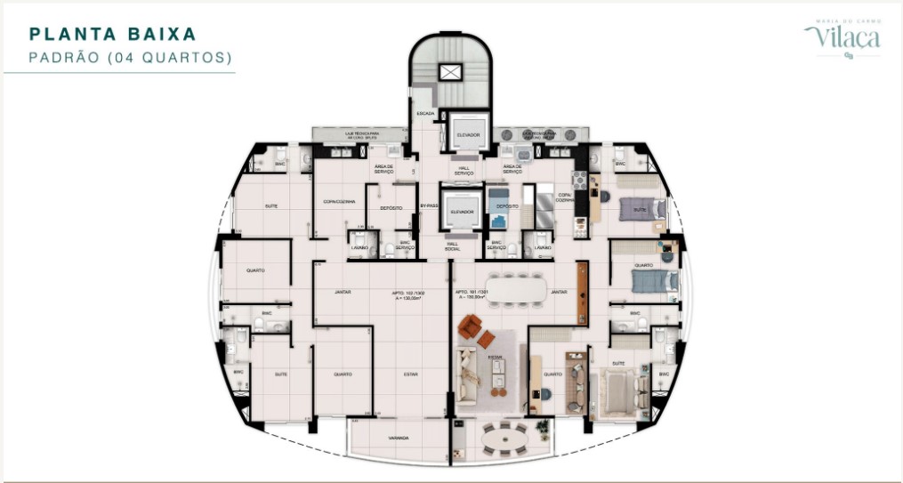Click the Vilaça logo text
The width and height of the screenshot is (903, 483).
[x=843, y=37]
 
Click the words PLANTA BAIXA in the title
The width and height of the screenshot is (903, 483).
[x=113, y=35]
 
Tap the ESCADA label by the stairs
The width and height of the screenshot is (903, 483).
[x=426, y=114]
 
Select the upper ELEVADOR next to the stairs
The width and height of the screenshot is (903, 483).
[x=468, y=133]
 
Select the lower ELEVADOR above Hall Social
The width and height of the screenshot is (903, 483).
[x=462, y=211]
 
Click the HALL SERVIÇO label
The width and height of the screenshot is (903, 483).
[x=464, y=169]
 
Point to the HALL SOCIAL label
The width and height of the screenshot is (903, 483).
[x=452, y=246]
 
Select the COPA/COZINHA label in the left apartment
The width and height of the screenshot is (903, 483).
[x=339, y=202]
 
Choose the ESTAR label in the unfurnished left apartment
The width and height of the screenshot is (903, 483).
[x=410, y=374]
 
